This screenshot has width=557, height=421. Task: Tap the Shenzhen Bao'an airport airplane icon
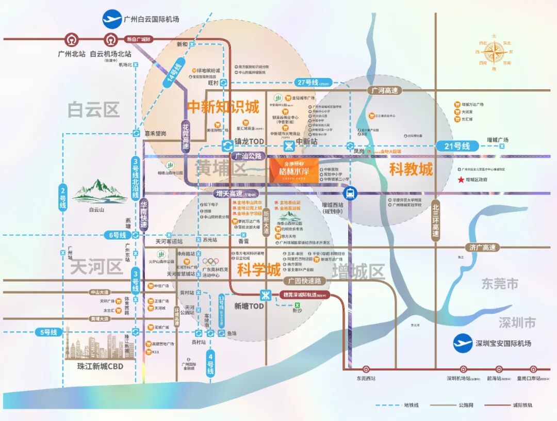click(463, 343)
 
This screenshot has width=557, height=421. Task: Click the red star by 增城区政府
click(461, 180)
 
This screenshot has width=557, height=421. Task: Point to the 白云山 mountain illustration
click(99, 191)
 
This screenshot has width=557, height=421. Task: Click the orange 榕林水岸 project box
click(293, 170)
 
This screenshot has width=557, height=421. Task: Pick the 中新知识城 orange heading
click(223, 107)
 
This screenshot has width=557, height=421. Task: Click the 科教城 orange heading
click(411, 169)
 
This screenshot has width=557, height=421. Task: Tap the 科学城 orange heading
click(259, 269)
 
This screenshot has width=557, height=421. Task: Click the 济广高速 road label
click(482, 248)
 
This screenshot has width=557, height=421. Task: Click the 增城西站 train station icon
click(350, 193)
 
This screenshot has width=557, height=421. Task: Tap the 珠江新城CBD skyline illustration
click(98, 345)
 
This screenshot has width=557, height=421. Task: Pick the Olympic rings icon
click(211, 262)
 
